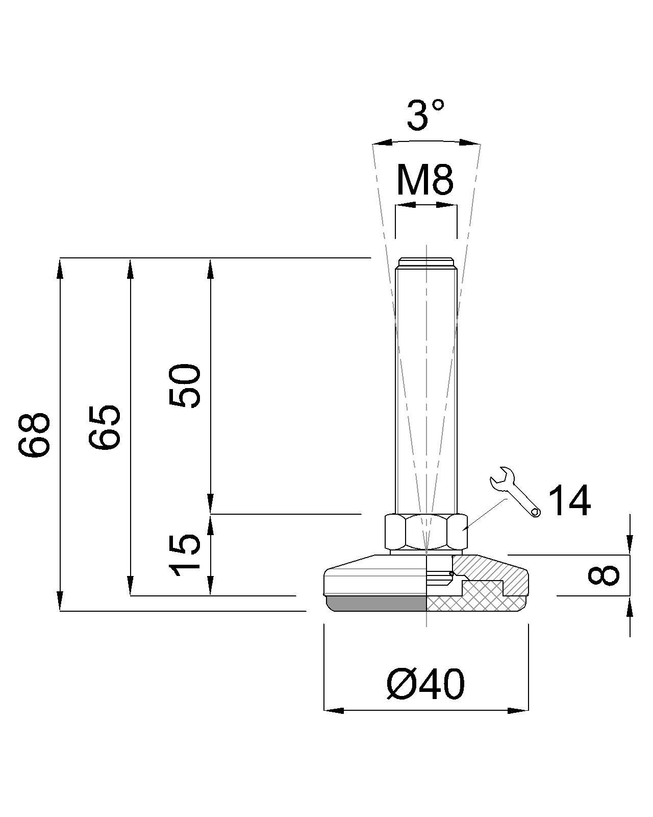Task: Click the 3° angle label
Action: tap(425, 114)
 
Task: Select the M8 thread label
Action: tap(425, 181)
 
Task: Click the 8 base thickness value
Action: tap(604, 575)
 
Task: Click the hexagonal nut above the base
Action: tap(425, 532)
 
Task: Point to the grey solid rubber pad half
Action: tap(378, 604)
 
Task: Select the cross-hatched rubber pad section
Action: tap(469, 603)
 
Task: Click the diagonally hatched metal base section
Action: tap(490, 569)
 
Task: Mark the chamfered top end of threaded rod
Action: tap(426, 263)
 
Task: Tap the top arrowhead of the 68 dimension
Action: tap(60, 268)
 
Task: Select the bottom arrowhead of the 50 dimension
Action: tap(210, 503)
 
